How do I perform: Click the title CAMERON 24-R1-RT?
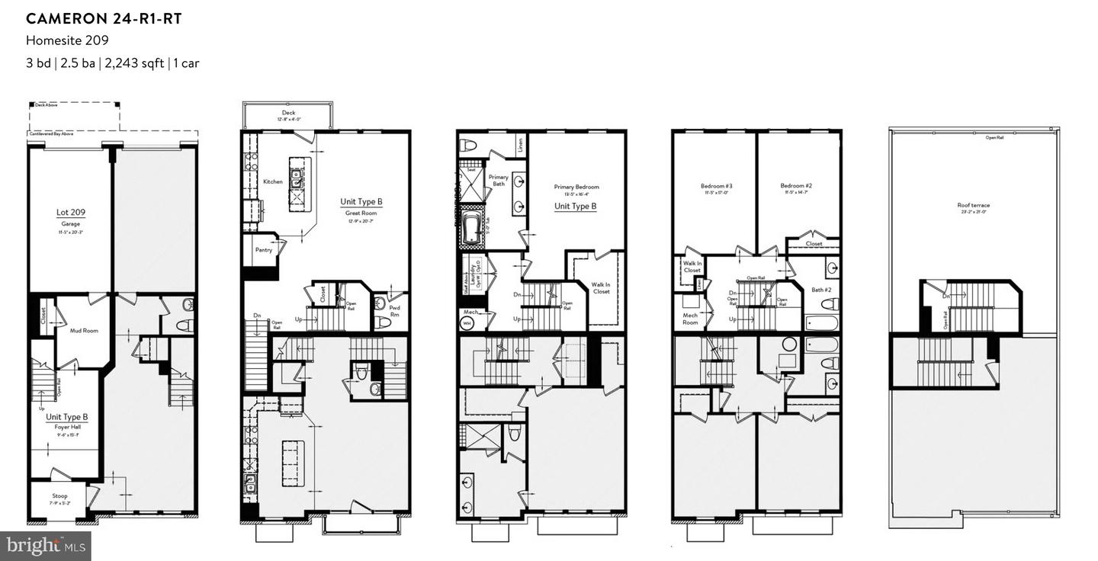click(x=104, y=18)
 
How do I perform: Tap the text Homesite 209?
click(x=67, y=41)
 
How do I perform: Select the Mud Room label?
click(x=84, y=331)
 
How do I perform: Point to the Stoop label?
click(x=60, y=495)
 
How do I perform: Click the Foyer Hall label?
click(x=66, y=422)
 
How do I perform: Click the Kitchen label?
click(x=272, y=181)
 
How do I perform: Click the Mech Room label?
click(x=690, y=318)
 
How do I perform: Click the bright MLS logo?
click(x=46, y=545)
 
